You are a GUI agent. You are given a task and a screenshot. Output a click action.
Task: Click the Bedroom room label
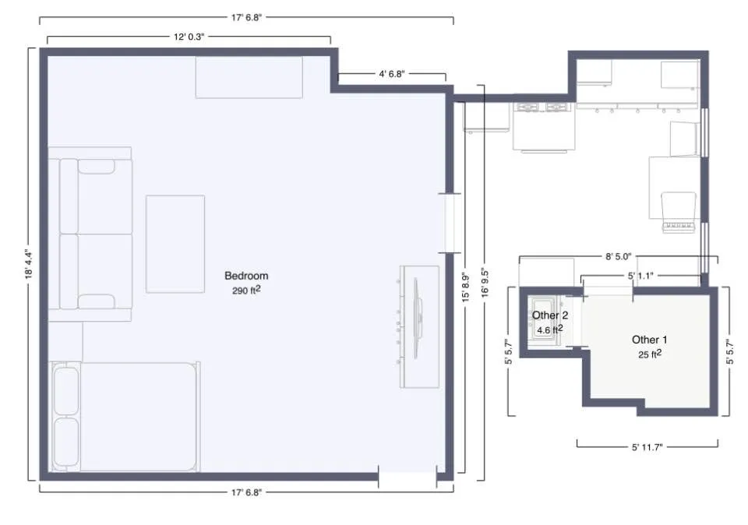coord(246,276)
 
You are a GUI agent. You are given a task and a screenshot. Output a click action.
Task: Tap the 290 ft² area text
coord(246,290)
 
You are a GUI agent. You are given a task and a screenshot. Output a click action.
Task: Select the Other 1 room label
coord(649,340)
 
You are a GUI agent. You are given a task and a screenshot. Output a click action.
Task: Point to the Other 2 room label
coord(550,315)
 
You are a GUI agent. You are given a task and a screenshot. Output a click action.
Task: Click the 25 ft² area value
coord(649,354)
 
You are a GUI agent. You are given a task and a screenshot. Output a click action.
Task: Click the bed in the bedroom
coord(125,417)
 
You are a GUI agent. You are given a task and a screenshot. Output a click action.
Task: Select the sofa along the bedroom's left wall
coord(90,234)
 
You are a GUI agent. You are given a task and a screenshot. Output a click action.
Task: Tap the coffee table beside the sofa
coord(175,244)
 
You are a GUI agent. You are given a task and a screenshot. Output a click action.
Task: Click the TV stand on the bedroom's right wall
coord(420,326)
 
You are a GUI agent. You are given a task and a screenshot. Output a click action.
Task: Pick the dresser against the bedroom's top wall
coord(249,77)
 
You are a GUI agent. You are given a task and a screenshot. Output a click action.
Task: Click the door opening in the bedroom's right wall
coord(448,223)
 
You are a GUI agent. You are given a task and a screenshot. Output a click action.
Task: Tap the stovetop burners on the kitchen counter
coord(543,107)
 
